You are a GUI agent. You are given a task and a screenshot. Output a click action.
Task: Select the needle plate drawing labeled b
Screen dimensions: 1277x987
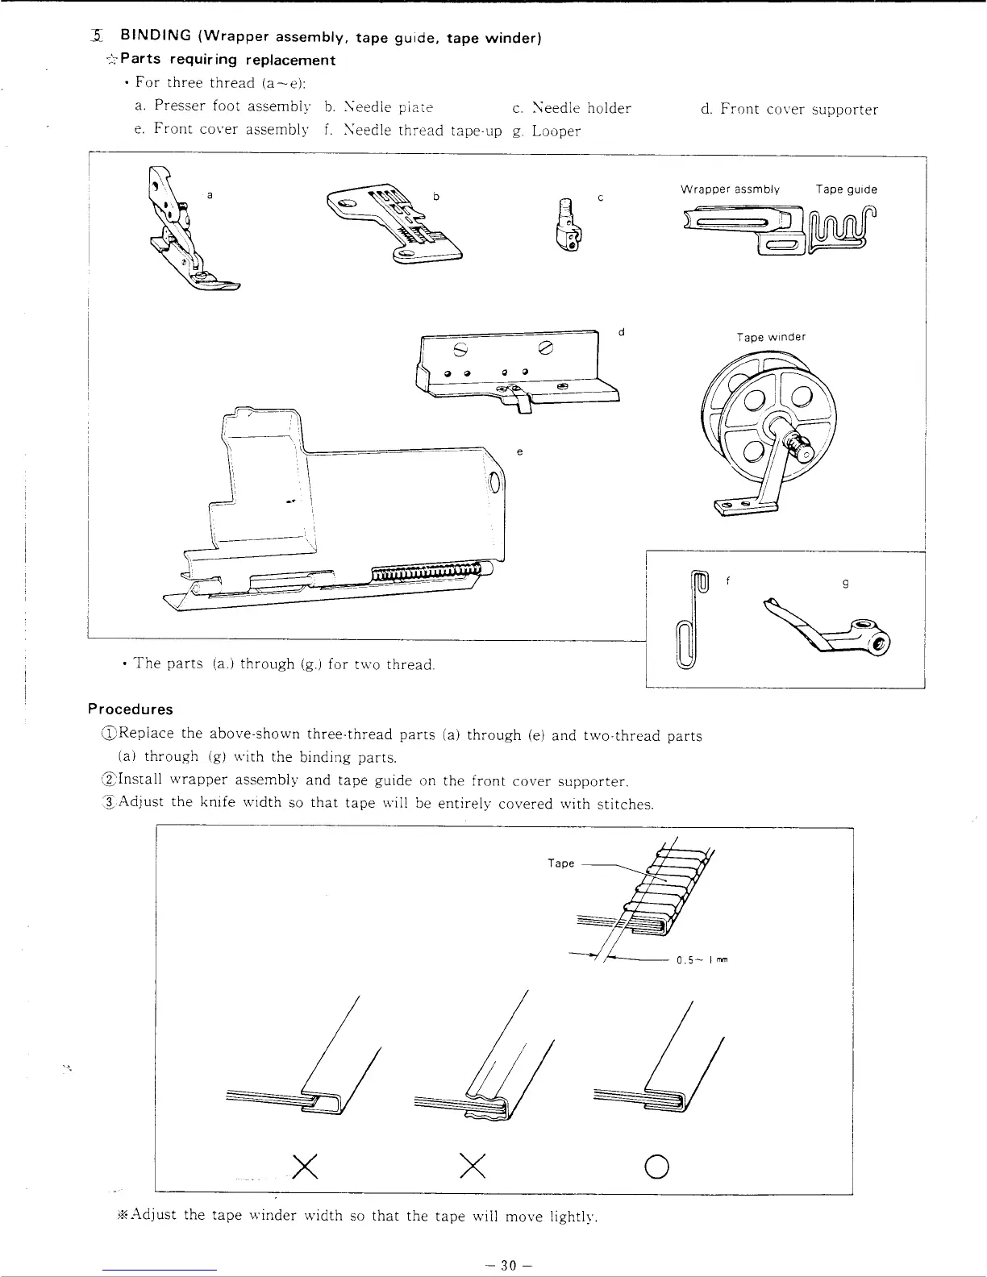point(395,224)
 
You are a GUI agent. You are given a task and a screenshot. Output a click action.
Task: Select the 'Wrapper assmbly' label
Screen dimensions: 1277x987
point(730,189)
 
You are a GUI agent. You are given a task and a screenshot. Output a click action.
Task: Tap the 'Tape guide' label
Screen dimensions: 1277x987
point(846,189)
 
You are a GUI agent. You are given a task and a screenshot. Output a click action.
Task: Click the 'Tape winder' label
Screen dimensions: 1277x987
point(771,337)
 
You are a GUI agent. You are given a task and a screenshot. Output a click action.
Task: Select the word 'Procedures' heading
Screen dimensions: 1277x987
point(131,709)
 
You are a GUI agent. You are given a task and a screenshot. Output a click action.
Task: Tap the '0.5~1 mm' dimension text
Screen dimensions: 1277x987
point(702,960)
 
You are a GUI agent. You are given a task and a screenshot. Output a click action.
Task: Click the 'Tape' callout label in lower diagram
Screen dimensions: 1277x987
point(560,863)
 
